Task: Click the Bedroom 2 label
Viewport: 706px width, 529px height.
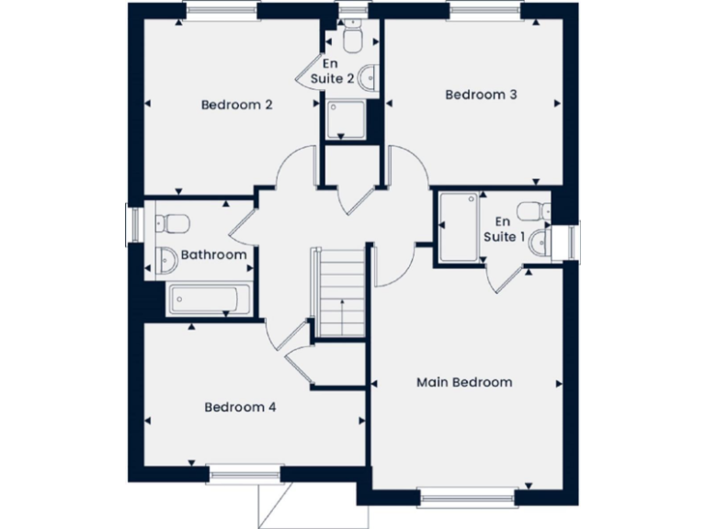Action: click(236, 105)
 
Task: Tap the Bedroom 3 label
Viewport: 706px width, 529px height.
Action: click(474, 95)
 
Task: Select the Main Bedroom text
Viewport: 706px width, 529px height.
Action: click(464, 382)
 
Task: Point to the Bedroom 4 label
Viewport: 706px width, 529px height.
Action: click(240, 407)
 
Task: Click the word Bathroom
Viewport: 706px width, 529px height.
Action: click(213, 254)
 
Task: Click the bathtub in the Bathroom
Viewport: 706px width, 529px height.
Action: click(207, 299)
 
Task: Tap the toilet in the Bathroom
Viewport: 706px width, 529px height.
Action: click(171, 223)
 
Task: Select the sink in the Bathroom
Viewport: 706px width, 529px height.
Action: click(165, 261)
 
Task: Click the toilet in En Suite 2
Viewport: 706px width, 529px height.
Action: click(351, 38)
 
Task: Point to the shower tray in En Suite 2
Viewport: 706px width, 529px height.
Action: click(348, 118)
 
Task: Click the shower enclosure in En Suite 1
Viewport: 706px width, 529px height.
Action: click(459, 226)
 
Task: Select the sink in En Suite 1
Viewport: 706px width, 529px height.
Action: click(541, 242)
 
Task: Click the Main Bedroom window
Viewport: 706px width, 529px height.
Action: click(464, 499)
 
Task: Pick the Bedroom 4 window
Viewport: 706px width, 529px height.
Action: click(244, 474)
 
